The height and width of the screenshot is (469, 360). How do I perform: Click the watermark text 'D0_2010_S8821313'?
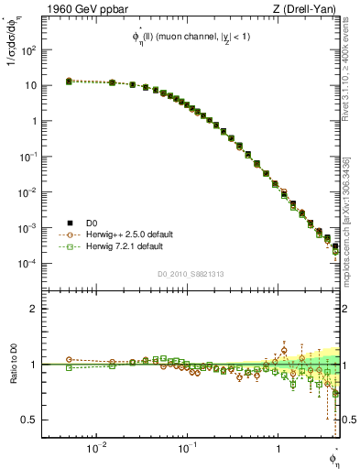(191, 274)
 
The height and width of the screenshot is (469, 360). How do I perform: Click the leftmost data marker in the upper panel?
(69, 82)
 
